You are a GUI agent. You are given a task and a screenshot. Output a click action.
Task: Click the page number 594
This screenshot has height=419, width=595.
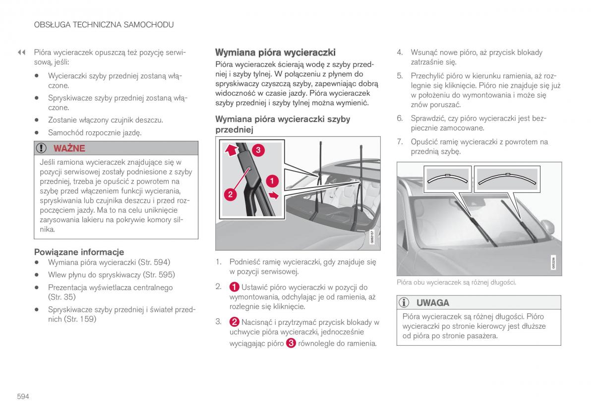pos(22,396)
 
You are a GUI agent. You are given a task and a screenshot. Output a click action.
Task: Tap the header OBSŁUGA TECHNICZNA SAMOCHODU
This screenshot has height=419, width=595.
pos(104,24)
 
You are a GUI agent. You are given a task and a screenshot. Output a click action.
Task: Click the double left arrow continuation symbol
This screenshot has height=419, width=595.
pos(21,52)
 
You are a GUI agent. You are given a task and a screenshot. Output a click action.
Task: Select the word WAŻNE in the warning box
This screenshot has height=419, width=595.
pos(69,148)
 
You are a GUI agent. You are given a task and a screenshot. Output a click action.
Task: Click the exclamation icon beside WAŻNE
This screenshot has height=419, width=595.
pos(44,148)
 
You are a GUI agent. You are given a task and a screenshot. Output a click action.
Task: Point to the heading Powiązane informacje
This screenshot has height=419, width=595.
pos(79,252)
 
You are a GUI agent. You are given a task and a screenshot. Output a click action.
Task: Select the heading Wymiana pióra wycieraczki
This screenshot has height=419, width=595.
pos(275,52)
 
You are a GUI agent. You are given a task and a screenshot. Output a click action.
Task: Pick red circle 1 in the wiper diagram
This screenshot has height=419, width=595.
pos(272,180)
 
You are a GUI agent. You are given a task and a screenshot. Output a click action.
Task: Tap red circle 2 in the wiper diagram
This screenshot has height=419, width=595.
pos(230,194)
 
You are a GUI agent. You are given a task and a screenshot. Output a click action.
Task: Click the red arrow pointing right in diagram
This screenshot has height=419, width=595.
pos(272,195)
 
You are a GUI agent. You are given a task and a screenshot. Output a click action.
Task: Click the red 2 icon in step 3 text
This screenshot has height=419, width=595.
pos(235,322)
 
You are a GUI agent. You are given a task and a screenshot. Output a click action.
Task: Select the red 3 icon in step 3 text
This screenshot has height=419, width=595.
pos(291,343)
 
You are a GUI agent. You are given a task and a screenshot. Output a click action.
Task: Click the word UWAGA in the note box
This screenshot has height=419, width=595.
pos(433,302)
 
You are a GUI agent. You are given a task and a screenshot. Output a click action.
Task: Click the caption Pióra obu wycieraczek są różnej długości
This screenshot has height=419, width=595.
pos(456,282)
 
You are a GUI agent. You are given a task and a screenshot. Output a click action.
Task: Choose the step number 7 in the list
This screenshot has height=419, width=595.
pos(399,142)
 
